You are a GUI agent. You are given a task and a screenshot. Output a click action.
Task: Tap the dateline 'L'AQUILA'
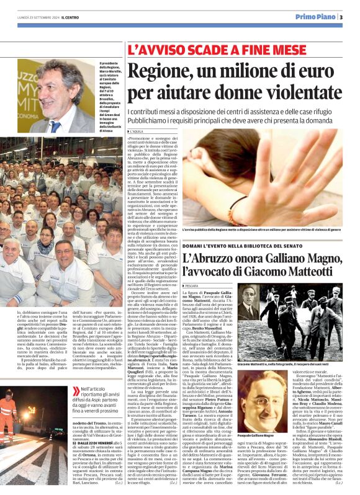pyautogui.click(x=138, y=132)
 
